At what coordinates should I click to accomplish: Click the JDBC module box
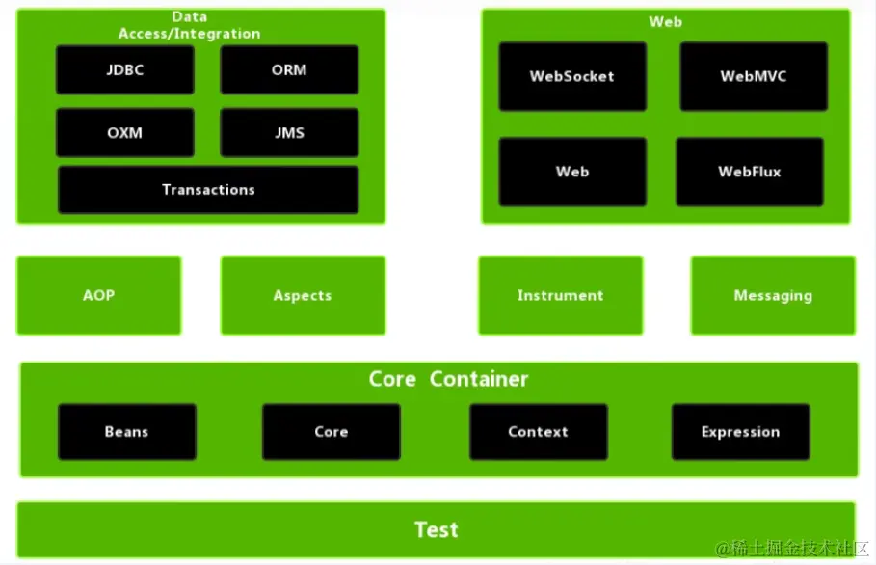125,69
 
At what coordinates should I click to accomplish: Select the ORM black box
289,69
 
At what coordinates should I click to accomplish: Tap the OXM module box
125,132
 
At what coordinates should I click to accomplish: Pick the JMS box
289,132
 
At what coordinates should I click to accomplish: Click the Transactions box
208,189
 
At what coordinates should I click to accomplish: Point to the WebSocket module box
572,76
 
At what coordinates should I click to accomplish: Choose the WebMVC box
754,76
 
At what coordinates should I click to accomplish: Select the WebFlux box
750,172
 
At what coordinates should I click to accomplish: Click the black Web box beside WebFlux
572,172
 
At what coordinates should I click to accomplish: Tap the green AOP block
99,295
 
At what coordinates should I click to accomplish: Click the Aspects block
303,295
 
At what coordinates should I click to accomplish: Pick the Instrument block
560,295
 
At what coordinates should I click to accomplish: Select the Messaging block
773,295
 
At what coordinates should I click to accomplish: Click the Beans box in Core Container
127,431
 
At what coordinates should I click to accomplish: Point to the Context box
539,431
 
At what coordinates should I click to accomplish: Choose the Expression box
741,431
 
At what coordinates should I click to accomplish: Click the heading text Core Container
448,379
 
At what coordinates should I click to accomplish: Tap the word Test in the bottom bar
437,529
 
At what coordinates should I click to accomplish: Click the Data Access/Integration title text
190,25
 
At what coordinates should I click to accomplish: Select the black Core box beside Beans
332,431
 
